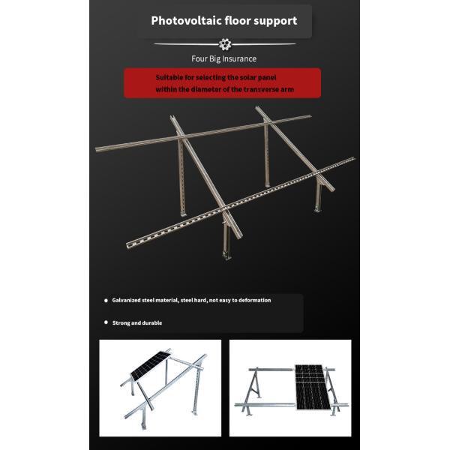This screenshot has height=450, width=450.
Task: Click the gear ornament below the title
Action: pos(224,44)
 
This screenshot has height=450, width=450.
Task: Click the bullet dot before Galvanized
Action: pos(106,300)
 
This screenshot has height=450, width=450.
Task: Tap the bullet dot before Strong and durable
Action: pos(106,323)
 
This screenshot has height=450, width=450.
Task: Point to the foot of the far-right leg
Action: pos(319,209)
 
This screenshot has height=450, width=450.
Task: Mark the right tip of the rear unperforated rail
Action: pos(309,117)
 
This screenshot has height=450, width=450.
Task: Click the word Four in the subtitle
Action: pos(198,58)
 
